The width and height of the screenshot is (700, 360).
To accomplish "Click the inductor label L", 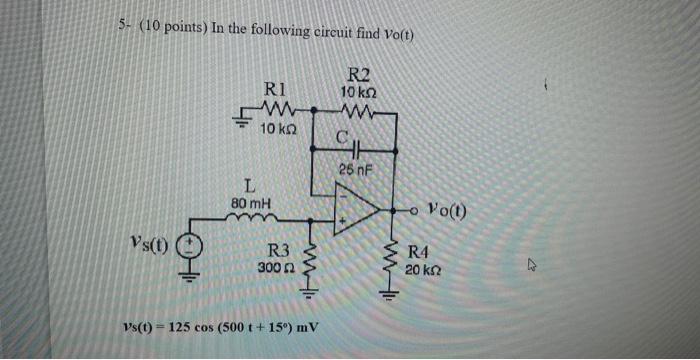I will (251, 185).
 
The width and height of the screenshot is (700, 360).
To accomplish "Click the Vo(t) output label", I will (445, 211).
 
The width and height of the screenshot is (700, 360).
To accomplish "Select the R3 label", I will (280, 251).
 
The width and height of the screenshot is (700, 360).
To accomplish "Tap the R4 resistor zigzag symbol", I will (388, 262).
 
